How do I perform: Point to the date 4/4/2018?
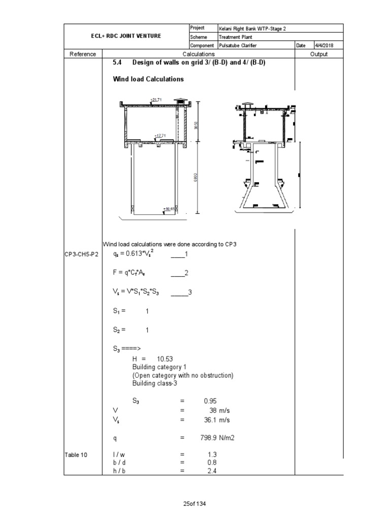click(x=322, y=45)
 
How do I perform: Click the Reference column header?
click(x=83, y=54)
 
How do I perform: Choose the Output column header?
click(x=319, y=54)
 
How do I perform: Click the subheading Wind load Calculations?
click(x=148, y=79)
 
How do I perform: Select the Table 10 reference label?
click(x=76, y=455)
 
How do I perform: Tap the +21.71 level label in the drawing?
click(x=156, y=100)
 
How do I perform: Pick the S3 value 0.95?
click(x=210, y=400)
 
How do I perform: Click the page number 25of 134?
click(x=194, y=504)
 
